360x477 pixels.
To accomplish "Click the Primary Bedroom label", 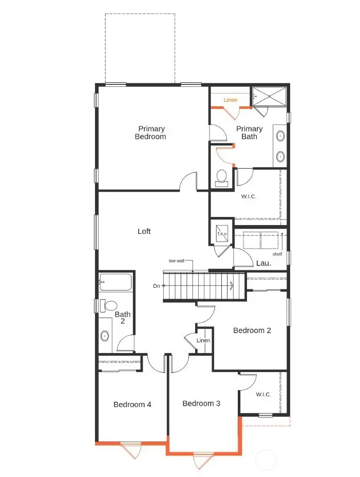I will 150,133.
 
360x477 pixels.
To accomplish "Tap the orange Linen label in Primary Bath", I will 231,100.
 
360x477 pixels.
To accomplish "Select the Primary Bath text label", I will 249,133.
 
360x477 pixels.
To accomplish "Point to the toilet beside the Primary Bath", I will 222,177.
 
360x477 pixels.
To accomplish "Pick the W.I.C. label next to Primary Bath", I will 249,196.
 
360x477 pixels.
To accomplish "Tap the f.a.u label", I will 222,234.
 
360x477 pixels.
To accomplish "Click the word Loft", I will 144,232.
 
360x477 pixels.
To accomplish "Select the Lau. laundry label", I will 263,263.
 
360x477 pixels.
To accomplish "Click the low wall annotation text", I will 177,261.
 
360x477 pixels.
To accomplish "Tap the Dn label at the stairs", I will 156,286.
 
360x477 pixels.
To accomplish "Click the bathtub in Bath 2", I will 116,282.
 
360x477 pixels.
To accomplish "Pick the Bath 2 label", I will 123,318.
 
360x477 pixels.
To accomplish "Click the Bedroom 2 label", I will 252,331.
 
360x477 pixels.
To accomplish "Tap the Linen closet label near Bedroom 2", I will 203,341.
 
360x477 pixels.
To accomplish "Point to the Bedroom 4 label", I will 132,405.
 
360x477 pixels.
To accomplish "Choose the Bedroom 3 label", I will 201,403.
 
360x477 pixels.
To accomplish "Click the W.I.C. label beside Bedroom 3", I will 263,395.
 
